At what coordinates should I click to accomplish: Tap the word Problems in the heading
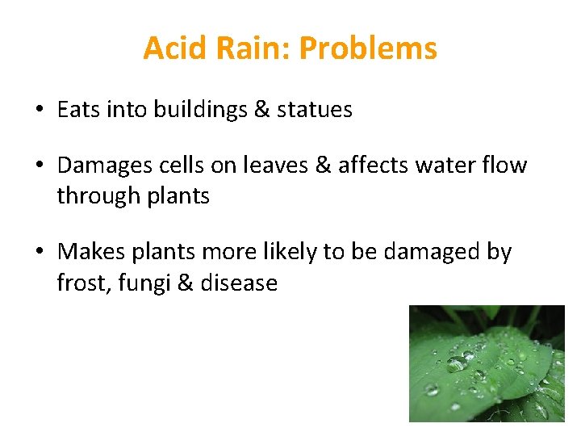pos(368,48)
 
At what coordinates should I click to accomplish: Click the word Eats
pos(79,110)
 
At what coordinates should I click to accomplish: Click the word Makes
pos(89,252)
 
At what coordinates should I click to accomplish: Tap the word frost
pos(78,283)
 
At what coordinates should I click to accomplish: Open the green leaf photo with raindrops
pos(487,363)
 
